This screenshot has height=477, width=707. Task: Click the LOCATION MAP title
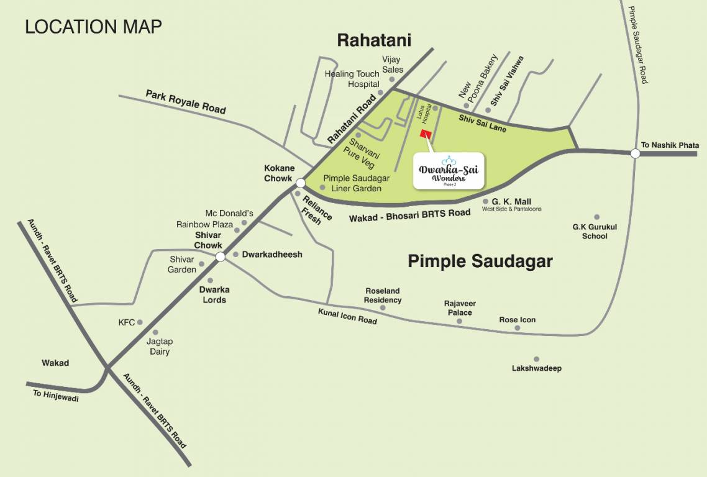coord(93,27)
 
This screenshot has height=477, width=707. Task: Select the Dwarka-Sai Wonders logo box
coord(450,171)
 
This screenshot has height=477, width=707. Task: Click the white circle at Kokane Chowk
coord(300,183)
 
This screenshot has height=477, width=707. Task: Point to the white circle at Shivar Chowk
coord(220,257)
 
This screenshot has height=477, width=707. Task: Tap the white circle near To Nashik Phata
coord(635,153)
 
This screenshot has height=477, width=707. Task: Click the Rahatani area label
coord(374,40)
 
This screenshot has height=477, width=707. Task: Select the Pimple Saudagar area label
coord(480,261)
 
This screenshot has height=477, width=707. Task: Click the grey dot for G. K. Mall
coord(485,201)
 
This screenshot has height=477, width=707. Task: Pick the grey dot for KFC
coord(140,322)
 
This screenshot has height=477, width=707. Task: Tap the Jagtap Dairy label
coord(159,347)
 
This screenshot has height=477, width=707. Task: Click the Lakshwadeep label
coord(536,368)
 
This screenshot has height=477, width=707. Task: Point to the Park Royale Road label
coord(186,101)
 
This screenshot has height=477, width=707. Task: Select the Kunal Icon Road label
coord(347,316)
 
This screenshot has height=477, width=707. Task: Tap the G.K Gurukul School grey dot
coord(596,217)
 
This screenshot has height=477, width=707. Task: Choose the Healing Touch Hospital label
coord(352,79)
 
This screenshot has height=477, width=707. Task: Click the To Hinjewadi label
coord(56,396)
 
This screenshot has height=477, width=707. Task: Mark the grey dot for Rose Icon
coord(518,328)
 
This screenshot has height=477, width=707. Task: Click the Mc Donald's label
coord(229,214)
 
